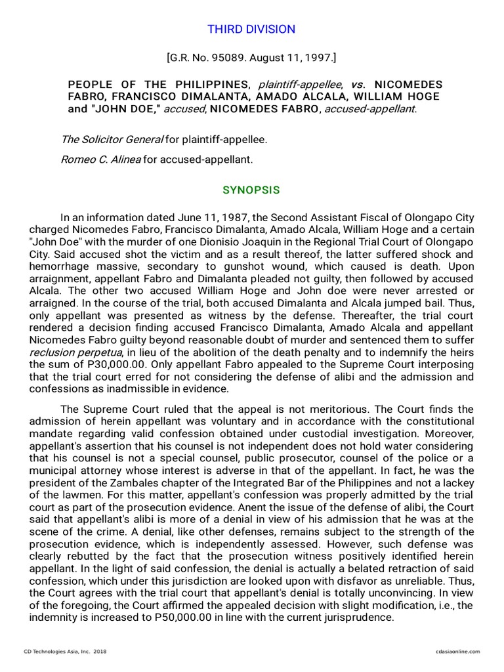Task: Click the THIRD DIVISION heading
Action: tap(251, 30)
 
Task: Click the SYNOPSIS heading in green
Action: tap(251, 190)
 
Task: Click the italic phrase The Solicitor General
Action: tap(112, 139)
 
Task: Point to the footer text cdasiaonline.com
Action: tap(457, 652)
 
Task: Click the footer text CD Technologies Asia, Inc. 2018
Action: tap(65, 652)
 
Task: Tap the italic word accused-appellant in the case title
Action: tap(375, 109)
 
